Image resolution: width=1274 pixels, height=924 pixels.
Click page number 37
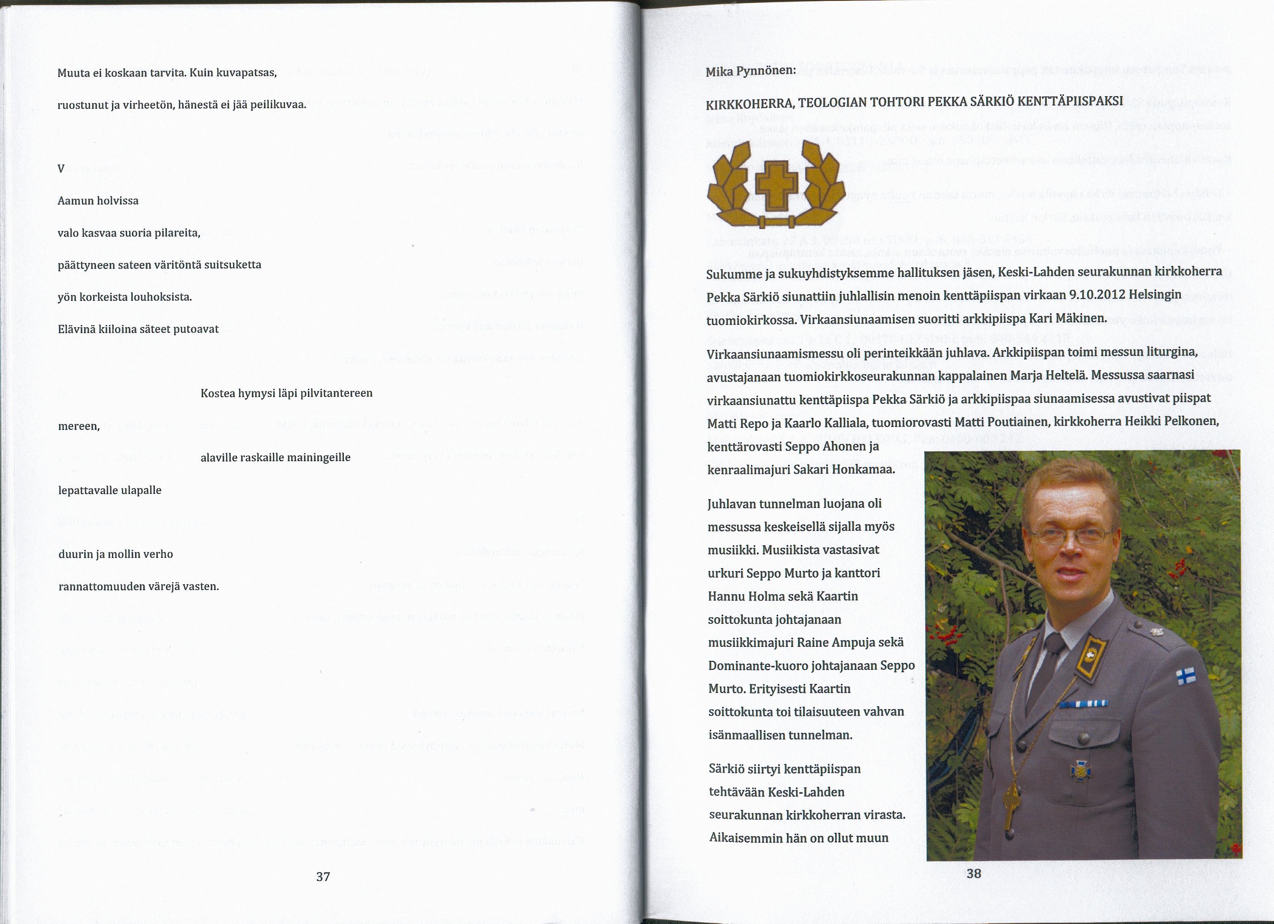[323, 876]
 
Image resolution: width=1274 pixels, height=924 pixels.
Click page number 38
[973, 873]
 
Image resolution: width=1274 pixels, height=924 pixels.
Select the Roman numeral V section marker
[61, 169]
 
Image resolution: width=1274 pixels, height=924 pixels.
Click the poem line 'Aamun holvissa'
[98, 201]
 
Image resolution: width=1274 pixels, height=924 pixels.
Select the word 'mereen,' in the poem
[79, 426]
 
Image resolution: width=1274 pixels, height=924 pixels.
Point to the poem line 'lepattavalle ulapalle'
[109, 490]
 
